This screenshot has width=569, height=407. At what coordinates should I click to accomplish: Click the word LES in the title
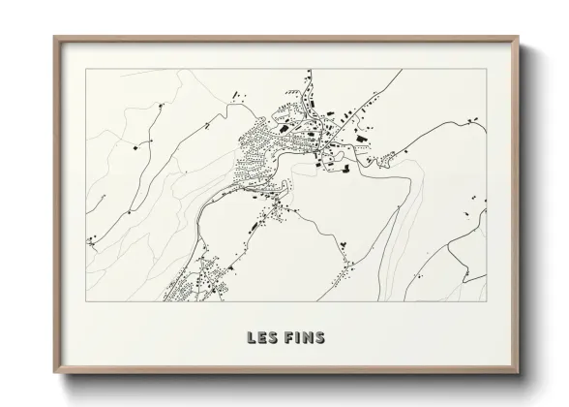pyautogui.click(x=263, y=338)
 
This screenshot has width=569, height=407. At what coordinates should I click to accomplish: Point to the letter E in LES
pyautogui.click(x=263, y=338)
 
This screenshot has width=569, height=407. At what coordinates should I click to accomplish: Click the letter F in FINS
pyautogui.click(x=289, y=338)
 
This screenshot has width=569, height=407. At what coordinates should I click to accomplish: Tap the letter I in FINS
pyautogui.click(x=298, y=338)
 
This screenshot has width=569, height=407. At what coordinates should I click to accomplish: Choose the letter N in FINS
pyautogui.click(x=307, y=338)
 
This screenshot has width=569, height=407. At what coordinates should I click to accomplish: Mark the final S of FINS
pyautogui.click(x=319, y=338)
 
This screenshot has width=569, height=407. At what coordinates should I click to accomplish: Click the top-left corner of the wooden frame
pyautogui.click(x=54, y=37)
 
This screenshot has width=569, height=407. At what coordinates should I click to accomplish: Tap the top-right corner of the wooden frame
pyautogui.click(x=520, y=37)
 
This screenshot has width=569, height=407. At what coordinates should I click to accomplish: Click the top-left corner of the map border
pyautogui.click(x=86, y=69)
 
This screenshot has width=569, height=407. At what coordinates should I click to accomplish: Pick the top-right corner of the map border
pyautogui.click(x=487, y=69)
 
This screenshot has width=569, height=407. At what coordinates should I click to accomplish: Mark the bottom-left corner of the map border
pyautogui.click(x=86, y=301)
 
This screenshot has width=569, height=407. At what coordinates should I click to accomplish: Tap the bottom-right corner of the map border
pyautogui.click(x=487, y=301)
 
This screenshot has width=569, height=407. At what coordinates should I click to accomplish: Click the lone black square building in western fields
pyautogui.click(x=135, y=150)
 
